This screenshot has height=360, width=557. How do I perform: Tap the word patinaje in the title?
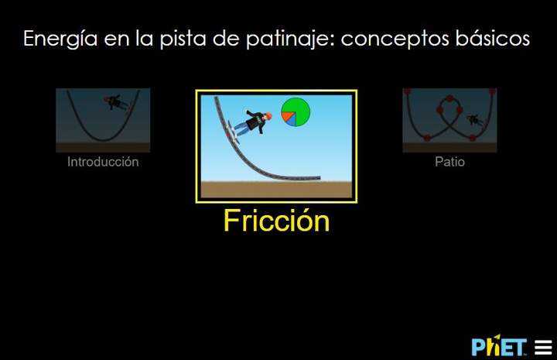tap(292, 39)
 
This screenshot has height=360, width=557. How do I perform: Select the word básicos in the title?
tap(493, 39)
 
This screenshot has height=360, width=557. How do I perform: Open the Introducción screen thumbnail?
tap(103, 120)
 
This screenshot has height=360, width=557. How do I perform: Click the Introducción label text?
tap(103, 163)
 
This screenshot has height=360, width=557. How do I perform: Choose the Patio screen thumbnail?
tap(449, 120)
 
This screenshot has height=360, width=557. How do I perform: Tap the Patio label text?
tap(449, 163)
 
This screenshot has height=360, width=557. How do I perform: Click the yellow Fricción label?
tap(276, 221)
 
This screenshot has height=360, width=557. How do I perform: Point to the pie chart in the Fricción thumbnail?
tap(295, 111)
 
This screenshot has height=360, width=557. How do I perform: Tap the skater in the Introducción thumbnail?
tap(118, 101)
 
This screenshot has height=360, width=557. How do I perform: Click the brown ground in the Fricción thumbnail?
tap(276, 190)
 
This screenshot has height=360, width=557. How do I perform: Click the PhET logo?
tap(500, 345)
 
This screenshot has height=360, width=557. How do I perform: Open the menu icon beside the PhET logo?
tap(543, 346)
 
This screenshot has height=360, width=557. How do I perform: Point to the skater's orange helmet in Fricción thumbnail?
tap(268, 116)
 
